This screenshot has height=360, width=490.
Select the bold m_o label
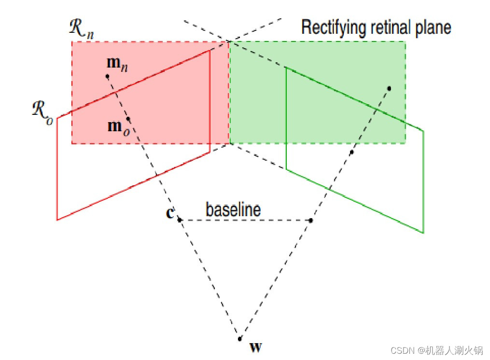point(117,126)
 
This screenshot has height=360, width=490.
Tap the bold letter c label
point(169,213)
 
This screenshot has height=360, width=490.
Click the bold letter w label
point(255,346)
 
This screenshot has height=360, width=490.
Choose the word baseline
point(233,209)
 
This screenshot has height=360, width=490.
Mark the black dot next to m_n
point(107,76)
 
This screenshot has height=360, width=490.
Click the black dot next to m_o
point(128,119)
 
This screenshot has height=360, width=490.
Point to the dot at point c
point(179,220)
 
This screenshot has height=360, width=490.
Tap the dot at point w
point(239,338)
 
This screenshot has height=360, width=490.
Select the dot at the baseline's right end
point(310,221)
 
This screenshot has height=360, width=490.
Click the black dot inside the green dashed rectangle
point(389,88)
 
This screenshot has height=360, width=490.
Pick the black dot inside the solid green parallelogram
point(351,152)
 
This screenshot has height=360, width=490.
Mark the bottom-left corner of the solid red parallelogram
point(57,220)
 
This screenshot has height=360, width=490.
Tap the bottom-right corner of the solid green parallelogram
point(423,233)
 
